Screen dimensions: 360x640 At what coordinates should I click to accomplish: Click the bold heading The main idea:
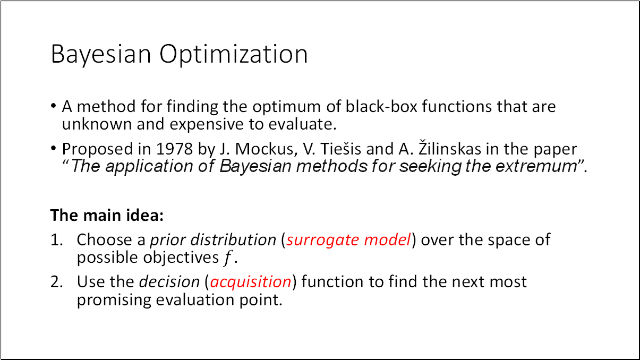click(x=107, y=216)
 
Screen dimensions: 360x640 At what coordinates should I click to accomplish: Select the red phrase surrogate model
click(x=348, y=240)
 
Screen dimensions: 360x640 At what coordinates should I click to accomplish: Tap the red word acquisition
click(x=251, y=281)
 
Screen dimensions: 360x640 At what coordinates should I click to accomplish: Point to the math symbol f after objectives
click(x=228, y=259)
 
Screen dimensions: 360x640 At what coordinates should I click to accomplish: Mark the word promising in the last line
click(x=114, y=300)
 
